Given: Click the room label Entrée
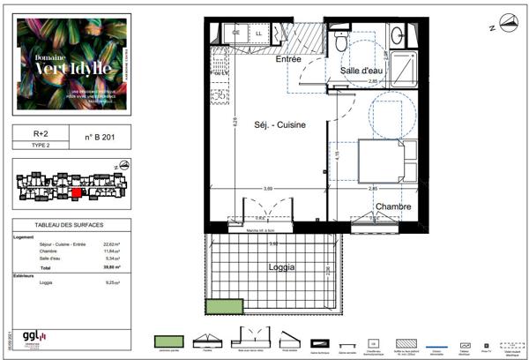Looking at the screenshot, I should tap(288, 59).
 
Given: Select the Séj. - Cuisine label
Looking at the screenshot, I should tap(280, 125).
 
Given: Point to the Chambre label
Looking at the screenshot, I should tap(392, 206).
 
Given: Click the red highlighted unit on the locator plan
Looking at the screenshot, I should tap(77, 191).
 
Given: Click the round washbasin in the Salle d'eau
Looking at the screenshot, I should tap(397, 34).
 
